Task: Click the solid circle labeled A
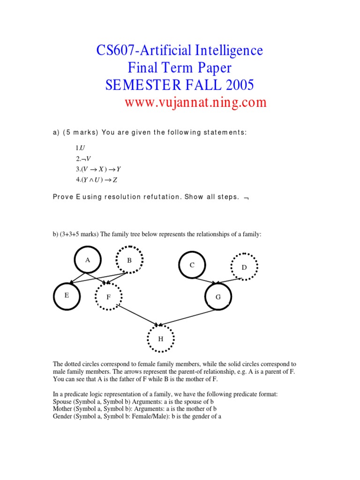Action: [x=88, y=259]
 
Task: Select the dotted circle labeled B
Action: [x=129, y=259]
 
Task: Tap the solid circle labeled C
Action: [x=192, y=265]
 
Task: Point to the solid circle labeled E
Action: [x=67, y=296]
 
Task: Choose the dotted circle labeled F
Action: [x=108, y=297]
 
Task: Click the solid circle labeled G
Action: [x=218, y=297]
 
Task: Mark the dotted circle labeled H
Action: [x=161, y=338]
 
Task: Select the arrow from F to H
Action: [x=138, y=315]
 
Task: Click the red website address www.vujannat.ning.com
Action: [x=195, y=102]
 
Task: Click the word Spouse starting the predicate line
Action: [x=64, y=402]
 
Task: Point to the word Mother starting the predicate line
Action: [x=64, y=409]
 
